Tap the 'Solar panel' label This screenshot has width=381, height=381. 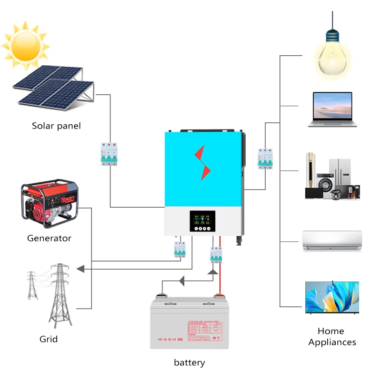click(x=56, y=126)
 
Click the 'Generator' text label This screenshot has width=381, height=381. click(x=49, y=238)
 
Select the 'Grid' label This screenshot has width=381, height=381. click(x=49, y=339)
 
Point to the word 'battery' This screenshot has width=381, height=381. click(x=189, y=362)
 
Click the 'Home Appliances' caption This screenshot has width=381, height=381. click(x=332, y=336)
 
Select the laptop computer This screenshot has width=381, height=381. click(x=332, y=110)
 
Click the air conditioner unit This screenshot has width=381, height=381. click(x=332, y=241)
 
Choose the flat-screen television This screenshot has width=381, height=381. click(x=332, y=298)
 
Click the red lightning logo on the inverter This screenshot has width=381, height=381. click(x=203, y=162)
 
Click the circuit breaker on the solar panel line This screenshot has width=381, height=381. click(x=109, y=154)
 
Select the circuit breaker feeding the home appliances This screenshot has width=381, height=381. click(x=265, y=158)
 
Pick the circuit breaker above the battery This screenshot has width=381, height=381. click(x=216, y=255)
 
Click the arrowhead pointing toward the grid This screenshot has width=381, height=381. click(x=80, y=269)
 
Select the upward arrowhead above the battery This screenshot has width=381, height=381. click(x=213, y=272)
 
